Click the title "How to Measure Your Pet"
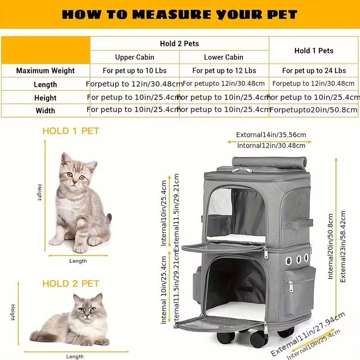[x=180, y=14]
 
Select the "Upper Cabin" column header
[x=135, y=57]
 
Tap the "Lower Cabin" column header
[x=224, y=57]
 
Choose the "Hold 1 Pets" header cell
[x=314, y=50]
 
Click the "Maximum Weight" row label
[x=45, y=71]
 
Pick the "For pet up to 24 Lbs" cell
[x=314, y=71]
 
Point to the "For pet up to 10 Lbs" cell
[x=135, y=71]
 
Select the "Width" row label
[x=45, y=111]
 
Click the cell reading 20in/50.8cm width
[x=313, y=110]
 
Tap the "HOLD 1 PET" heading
[x=71, y=131]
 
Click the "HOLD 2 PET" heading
[x=71, y=284]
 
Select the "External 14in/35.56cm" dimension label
[x=271, y=135]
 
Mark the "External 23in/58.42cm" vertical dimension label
[x=343, y=246]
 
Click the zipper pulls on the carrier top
[x=242, y=170]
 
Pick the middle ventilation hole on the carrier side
[x=298, y=260]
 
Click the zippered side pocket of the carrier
[x=299, y=291]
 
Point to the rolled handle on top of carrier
[x=270, y=162]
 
